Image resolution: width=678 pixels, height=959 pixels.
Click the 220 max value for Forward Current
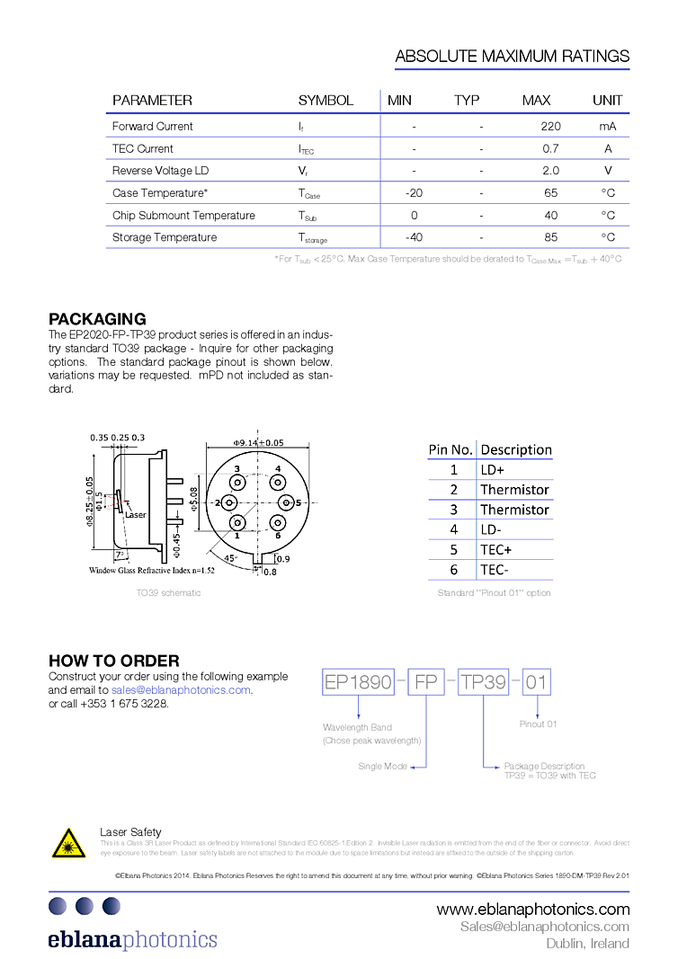click(x=550, y=127)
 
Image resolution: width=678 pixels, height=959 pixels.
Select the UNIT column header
click(x=607, y=101)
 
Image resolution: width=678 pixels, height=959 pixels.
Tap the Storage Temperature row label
click(x=165, y=237)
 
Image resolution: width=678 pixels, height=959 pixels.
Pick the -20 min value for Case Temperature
click(x=414, y=193)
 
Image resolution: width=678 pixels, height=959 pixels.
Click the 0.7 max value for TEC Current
click(x=550, y=149)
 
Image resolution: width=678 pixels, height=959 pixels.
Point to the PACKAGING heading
click(x=97, y=319)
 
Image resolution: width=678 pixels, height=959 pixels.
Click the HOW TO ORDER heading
click(x=113, y=661)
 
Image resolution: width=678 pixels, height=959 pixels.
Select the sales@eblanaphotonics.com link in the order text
click(x=181, y=689)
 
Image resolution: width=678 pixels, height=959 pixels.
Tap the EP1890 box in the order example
click(x=358, y=682)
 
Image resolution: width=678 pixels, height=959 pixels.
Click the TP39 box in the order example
click(x=484, y=682)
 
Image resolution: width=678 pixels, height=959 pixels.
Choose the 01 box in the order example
click(x=536, y=682)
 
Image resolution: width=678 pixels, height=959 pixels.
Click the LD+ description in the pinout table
click(x=493, y=469)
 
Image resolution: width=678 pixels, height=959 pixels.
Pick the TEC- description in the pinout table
click(x=495, y=570)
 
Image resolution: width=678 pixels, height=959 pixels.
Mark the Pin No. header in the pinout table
click(x=451, y=449)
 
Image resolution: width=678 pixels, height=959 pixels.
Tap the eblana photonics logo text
click(x=132, y=939)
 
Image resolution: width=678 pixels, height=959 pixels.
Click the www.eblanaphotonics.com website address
click(x=533, y=910)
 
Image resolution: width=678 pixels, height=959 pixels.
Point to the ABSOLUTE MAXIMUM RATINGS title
click(x=513, y=57)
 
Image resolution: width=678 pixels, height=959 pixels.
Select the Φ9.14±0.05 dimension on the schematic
click(x=258, y=442)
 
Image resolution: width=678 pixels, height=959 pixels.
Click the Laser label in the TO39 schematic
click(x=136, y=515)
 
